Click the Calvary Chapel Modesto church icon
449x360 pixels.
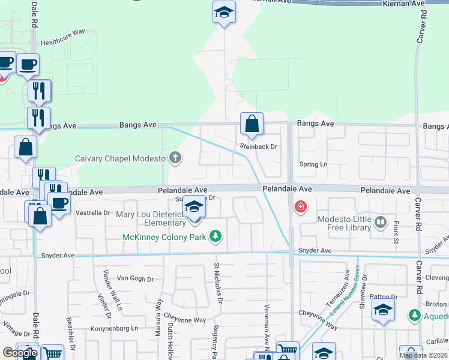[175, 158]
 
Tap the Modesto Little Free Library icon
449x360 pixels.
[381, 223]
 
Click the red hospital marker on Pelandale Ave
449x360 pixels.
[300, 208]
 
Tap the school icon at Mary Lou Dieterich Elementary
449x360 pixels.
[193, 208]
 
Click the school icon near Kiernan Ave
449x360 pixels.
[224, 12]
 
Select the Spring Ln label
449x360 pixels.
[313, 164]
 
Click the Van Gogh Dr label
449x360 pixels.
[135, 278]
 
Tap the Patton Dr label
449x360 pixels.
[384, 296]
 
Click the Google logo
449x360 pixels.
[20, 353]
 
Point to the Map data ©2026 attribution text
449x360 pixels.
[423, 355]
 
